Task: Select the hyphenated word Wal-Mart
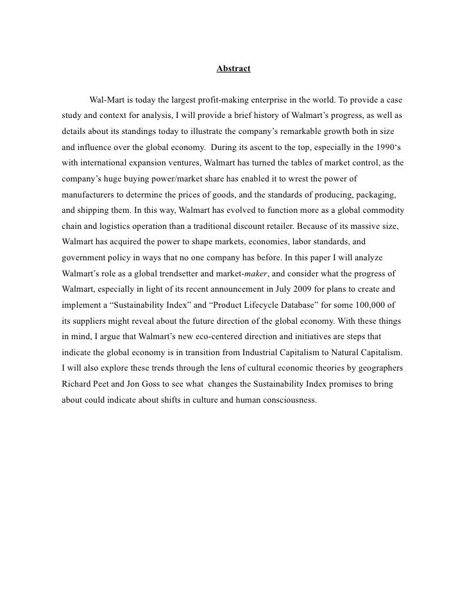click(x=110, y=101)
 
